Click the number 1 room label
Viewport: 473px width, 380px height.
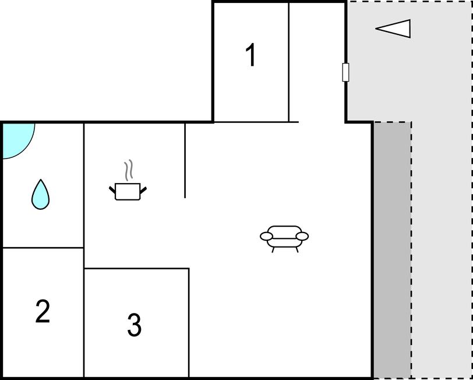(x=251, y=55)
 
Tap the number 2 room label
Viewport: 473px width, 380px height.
(x=43, y=311)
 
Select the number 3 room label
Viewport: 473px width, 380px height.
(x=134, y=325)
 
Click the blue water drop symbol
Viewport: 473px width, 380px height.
(x=40, y=195)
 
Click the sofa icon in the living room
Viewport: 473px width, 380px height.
(x=284, y=239)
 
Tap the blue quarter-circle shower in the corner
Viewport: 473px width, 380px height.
(x=17, y=140)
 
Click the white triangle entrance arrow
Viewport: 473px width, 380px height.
(x=393, y=29)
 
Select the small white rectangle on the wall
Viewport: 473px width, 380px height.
(x=345, y=72)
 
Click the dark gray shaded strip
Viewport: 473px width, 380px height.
(x=393, y=250)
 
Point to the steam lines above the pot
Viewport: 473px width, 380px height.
(x=129, y=171)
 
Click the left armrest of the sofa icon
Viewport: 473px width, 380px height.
(x=266, y=236)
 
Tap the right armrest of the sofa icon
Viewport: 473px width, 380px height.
(x=302, y=236)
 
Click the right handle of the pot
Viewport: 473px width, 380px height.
(x=143, y=190)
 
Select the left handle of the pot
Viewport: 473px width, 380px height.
(x=112, y=190)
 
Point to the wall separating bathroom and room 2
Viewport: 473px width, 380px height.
(x=43, y=248)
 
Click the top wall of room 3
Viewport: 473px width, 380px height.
(x=136, y=268)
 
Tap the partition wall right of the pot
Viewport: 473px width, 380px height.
(x=185, y=161)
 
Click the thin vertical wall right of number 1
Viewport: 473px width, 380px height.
(x=289, y=62)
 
